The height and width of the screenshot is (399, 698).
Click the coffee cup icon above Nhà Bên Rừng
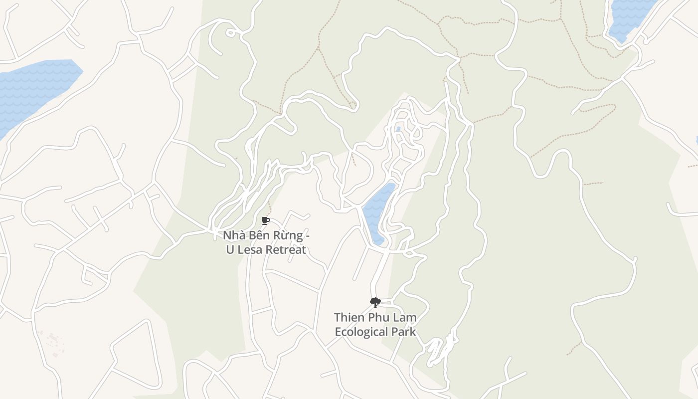tap(266, 220)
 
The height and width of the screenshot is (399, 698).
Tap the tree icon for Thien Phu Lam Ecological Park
tap(375, 302)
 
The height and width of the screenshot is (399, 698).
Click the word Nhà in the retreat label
tap(233, 235)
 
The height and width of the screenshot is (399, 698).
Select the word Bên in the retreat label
tap(257, 235)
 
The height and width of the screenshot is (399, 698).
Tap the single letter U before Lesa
tap(230, 250)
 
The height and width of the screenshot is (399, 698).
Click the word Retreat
tap(286, 250)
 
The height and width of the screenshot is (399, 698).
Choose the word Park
tap(404, 332)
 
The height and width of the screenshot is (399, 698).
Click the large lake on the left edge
tap(35, 90)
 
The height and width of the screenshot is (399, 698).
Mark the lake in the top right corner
tap(628, 15)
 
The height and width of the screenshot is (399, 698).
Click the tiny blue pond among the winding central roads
tap(398, 129)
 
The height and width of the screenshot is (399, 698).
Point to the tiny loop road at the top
tap(230, 33)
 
